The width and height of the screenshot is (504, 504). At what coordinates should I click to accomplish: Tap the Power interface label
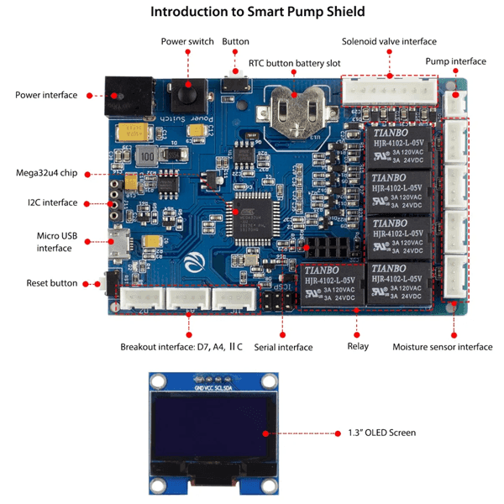(46, 95)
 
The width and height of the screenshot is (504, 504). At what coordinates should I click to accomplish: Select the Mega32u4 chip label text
(47, 173)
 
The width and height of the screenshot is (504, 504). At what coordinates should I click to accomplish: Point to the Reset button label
(51, 283)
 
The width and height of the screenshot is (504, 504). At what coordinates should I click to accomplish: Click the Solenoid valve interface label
(389, 41)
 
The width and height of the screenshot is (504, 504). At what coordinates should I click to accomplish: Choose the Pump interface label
(455, 61)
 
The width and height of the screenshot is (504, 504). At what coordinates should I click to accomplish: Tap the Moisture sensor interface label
(443, 346)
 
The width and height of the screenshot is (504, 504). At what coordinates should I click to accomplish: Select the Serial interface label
(284, 347)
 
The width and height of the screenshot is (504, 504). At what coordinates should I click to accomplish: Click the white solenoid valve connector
(389, 89)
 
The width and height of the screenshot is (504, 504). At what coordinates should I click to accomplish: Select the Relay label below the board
(357, 346)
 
